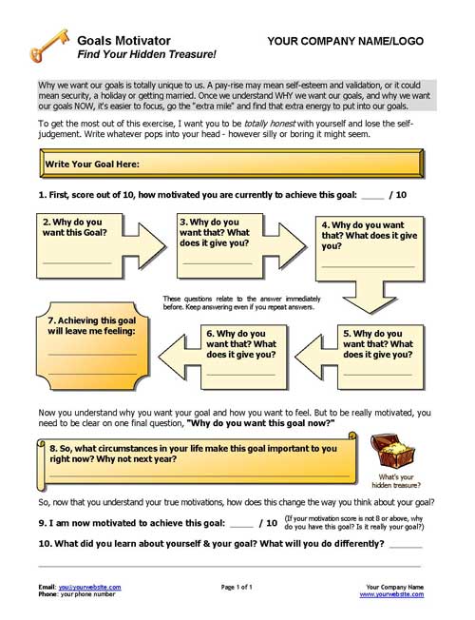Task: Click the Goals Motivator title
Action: point(123,41)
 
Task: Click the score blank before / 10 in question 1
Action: point(372,195)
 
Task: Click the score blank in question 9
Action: point(242,523)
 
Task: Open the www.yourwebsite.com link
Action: point(391,594)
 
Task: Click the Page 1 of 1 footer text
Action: point(237,587)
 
